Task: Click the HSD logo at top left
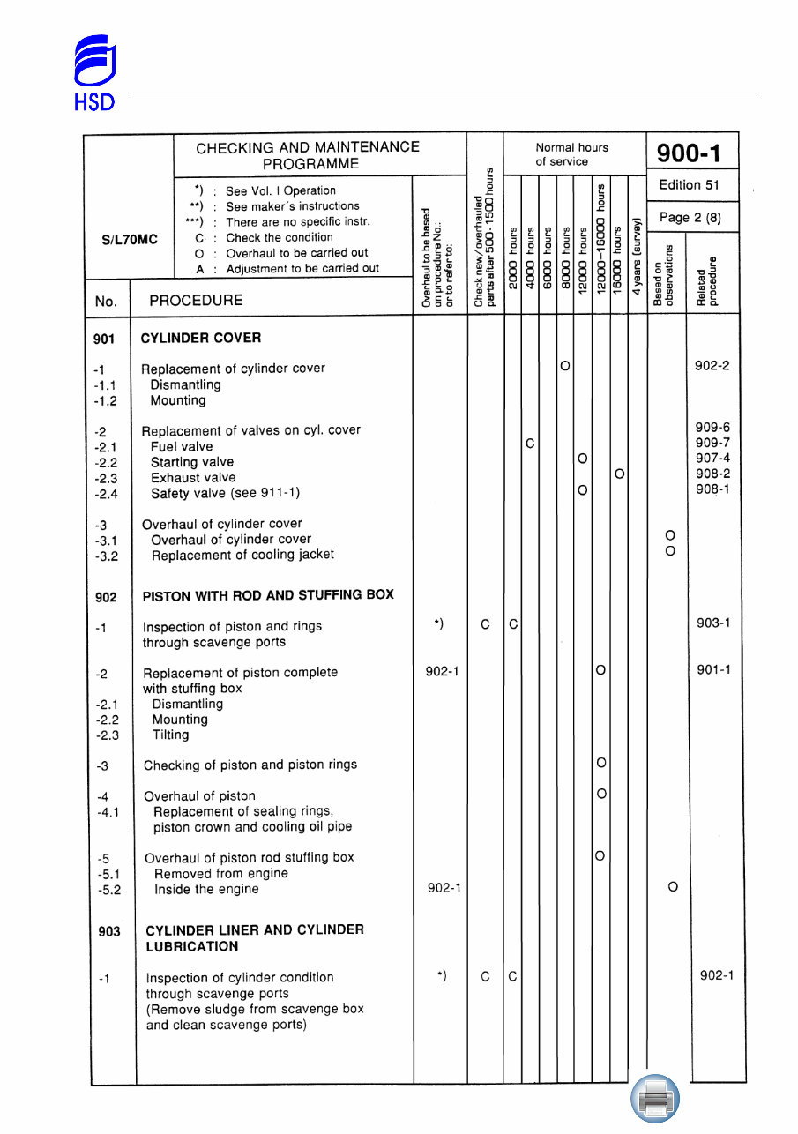[x=93, y=73]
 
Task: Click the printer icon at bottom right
[x=655, y=1099]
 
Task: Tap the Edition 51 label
[x=692, y=185]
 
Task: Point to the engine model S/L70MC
[x=129, y=239]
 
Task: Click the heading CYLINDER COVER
[x=201, y=338]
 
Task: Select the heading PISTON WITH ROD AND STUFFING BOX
[x=268, y=595]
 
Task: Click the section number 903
[x=109, y=931]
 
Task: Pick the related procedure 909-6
[x=712, y=428]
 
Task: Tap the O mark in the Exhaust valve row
[x=620, y=474]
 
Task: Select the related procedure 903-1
[x=713, y=623]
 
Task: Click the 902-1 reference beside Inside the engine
[x=443, y=888]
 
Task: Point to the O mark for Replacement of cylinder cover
[x=564, y=365]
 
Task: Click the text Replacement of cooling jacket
[x=242, y=555]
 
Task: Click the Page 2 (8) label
[x=692, y=217]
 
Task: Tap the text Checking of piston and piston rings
[x=250, y=765]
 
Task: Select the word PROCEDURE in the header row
[x=196, y=301]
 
